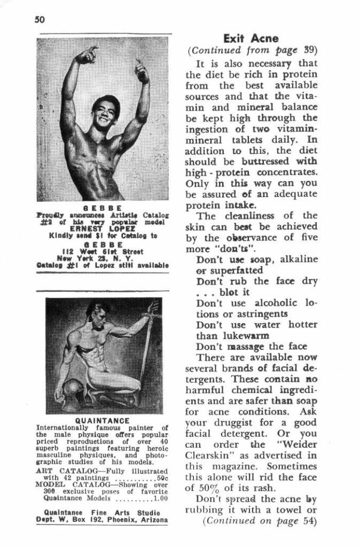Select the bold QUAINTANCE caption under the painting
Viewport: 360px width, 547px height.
(x=101, y=420)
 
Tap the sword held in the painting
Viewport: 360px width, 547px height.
(x=147, y=342)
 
